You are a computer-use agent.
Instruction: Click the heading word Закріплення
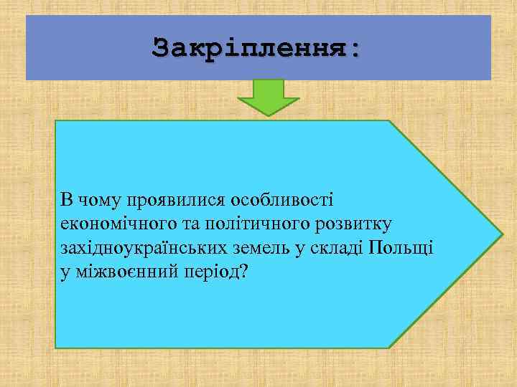(252, 48)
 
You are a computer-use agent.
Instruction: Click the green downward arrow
(269, 97)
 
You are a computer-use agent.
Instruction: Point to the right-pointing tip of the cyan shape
(500, 234)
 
